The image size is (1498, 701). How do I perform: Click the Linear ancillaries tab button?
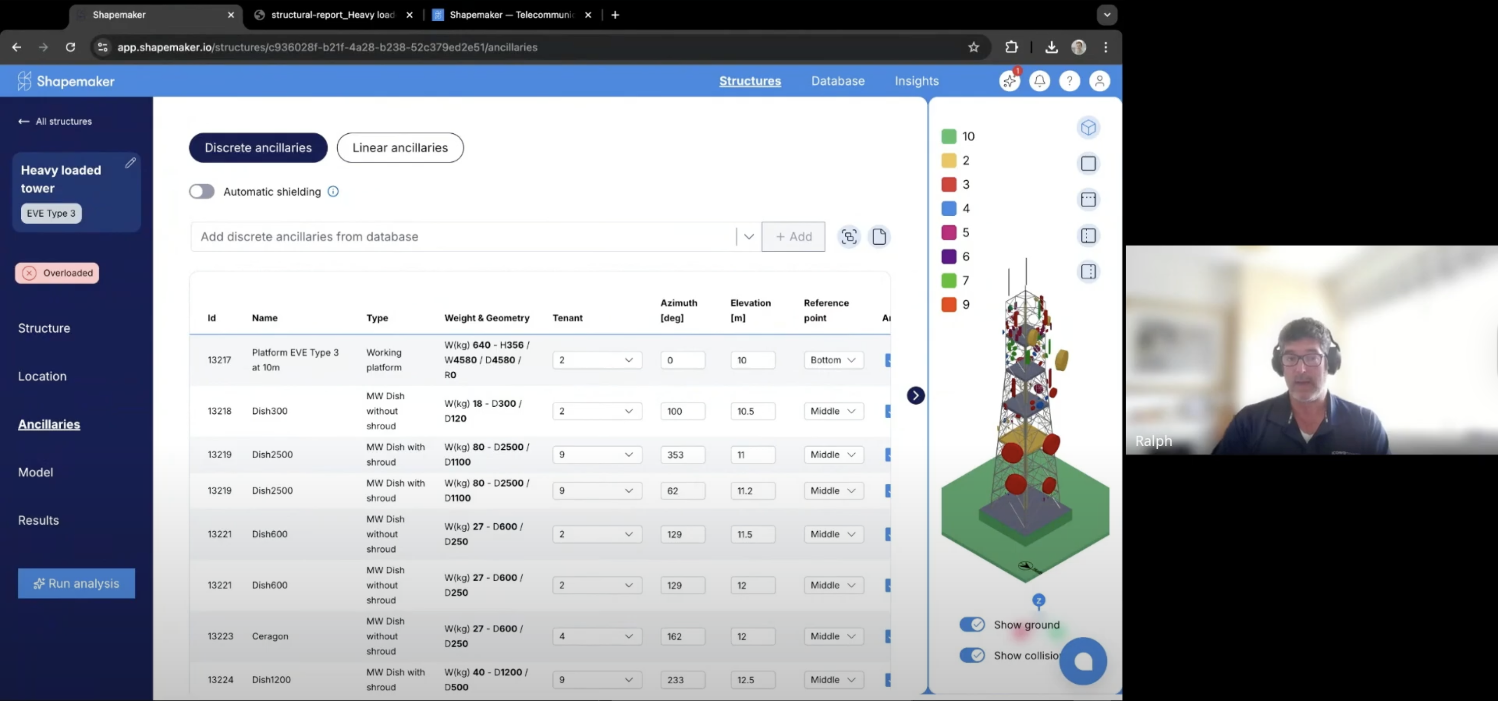pyautogui.click(x=400, y=148)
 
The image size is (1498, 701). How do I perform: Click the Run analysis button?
pyautogui.click(x=76, y=583)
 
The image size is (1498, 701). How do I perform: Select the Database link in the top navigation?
pyautogui.click(x=837, y=81)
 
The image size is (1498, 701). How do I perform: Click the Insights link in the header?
pyautogui.click(x=916, y=81)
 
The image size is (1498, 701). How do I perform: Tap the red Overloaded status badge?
pyautogui.click(x=57, y=273)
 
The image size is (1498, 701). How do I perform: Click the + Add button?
pyautogui.click(x=793, y=237)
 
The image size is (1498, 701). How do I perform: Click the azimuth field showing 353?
pyautogui.click(x=682, y=454)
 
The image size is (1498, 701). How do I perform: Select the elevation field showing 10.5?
pyautogui.click(x=752, y=411)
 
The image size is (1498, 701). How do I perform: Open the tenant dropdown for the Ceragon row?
pyautogui.click(x=596, y=636)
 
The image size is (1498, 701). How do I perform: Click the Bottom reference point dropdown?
pyautogui.click(x=833, y=360)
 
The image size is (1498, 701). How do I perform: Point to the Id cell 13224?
pyautogui.click(x=220, y=679)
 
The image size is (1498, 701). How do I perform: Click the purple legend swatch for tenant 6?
pyautogui.click(x=948, y=256)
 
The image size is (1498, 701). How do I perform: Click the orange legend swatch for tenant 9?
pyautogui.click(x=948, y=304)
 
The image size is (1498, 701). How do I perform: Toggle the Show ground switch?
pyautogui.click(x=972, y=624)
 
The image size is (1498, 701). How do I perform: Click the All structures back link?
pyautogui.click(x=56, y=121)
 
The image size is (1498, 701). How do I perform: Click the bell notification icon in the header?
pyautogui.click(x=1039, y=81)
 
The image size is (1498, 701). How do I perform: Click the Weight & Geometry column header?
pyautogui.click(x=487, y=318)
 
